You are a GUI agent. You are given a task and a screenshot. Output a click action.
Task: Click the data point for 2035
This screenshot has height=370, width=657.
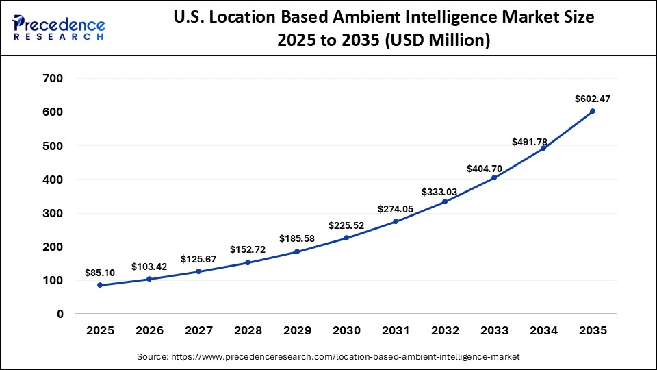(592, 111)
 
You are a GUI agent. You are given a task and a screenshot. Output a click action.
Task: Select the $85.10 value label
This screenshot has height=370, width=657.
(100, 273)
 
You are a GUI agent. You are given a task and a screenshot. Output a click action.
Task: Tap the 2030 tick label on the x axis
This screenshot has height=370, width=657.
(346, 331)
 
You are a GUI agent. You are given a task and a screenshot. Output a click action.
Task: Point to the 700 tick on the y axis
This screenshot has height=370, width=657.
(53, 79)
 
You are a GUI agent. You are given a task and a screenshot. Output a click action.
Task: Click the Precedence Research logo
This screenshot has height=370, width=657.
(59, 27)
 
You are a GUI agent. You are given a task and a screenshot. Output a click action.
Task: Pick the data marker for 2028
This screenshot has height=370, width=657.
(248, 262)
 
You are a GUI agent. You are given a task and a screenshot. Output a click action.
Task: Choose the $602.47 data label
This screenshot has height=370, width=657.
(593, 99)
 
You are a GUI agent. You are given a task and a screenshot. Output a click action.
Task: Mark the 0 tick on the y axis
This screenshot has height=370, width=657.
(60, 314)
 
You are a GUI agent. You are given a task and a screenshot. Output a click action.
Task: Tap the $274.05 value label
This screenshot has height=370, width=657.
(395, 208)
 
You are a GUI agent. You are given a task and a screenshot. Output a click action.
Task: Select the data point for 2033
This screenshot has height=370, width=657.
(493, 178)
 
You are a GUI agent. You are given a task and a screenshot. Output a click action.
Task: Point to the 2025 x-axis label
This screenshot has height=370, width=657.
(100, 331)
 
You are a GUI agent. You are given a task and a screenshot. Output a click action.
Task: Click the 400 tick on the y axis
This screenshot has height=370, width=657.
(53, 180)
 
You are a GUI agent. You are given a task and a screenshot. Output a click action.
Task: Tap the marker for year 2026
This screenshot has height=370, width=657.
(149, 279)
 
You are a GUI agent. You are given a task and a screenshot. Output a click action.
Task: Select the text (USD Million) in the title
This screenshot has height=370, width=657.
(441, 41)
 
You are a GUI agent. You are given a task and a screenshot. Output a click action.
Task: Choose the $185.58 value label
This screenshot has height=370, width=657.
(297, 238)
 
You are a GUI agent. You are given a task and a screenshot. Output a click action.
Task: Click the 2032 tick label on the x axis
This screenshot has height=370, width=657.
(445, 331)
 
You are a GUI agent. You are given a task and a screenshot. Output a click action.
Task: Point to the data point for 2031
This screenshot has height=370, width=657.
(395, 221)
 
